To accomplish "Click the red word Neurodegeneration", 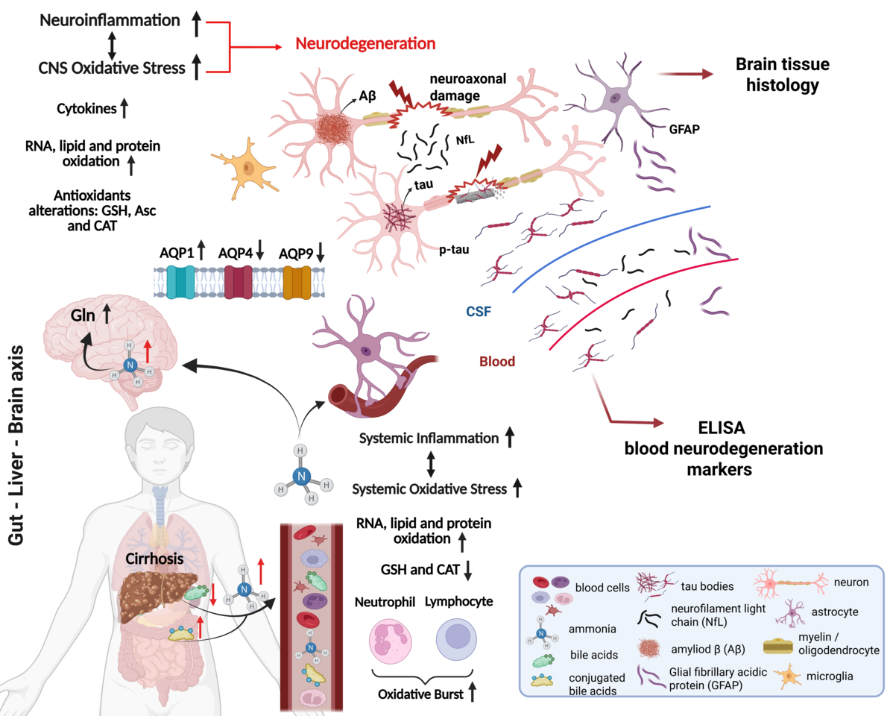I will tap(365, 44).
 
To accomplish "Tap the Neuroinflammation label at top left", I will tap(110, 21).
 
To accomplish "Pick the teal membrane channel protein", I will tap(180, 283).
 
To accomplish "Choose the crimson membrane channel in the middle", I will tap(239, 283).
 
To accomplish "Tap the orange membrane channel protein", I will tap(297, 283).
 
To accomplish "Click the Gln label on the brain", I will tap(83, 316).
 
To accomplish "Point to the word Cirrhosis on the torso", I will tap(154, 559).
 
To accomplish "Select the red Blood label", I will tap(496, 362).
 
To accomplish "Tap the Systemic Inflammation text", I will tap(429, 439).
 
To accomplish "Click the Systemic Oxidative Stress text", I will tap(429, 490).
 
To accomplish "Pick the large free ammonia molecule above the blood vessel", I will tap(301, 475).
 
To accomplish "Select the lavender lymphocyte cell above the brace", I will tap(456, 639).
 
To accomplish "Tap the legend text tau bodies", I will tap(707, 585).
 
